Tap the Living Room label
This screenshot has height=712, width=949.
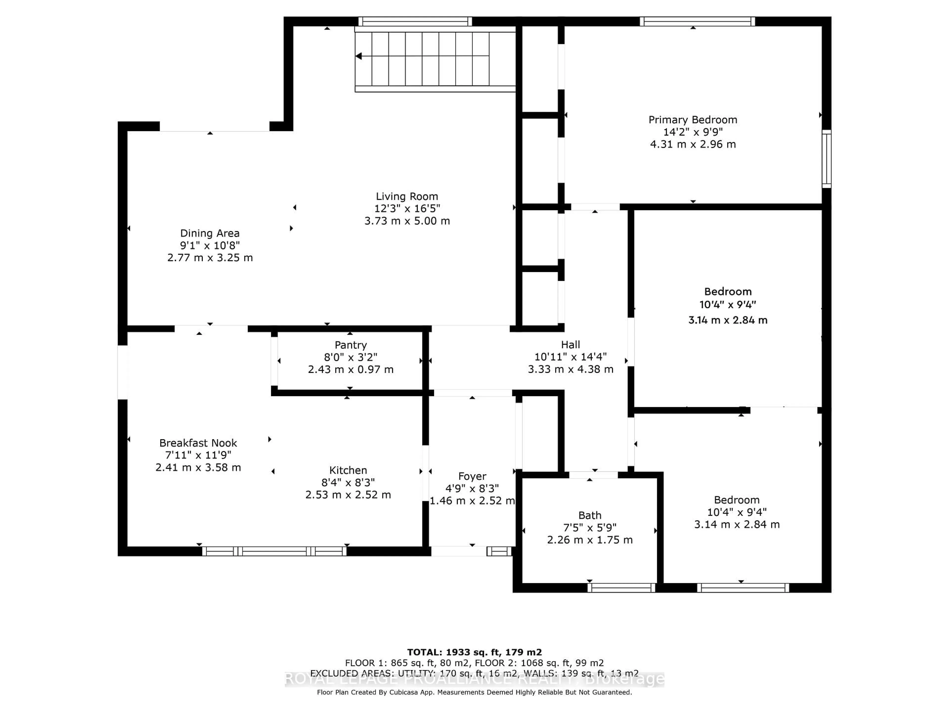(407, 197)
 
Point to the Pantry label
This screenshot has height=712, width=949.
(350, 345)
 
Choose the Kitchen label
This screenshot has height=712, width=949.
(348, 470)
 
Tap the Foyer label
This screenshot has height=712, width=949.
(472, 476)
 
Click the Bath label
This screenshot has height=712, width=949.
(589, 515)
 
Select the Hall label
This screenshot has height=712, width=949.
(570, 345)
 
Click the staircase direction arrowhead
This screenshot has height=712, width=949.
(359, 56)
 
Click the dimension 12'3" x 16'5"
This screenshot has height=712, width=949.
(407, 209)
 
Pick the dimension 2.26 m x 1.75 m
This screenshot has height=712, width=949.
(589, 540)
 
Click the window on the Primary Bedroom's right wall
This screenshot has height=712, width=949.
(826, 159)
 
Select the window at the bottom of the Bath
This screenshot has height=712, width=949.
(621, 588)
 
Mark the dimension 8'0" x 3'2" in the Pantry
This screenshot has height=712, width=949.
(350, 357)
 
